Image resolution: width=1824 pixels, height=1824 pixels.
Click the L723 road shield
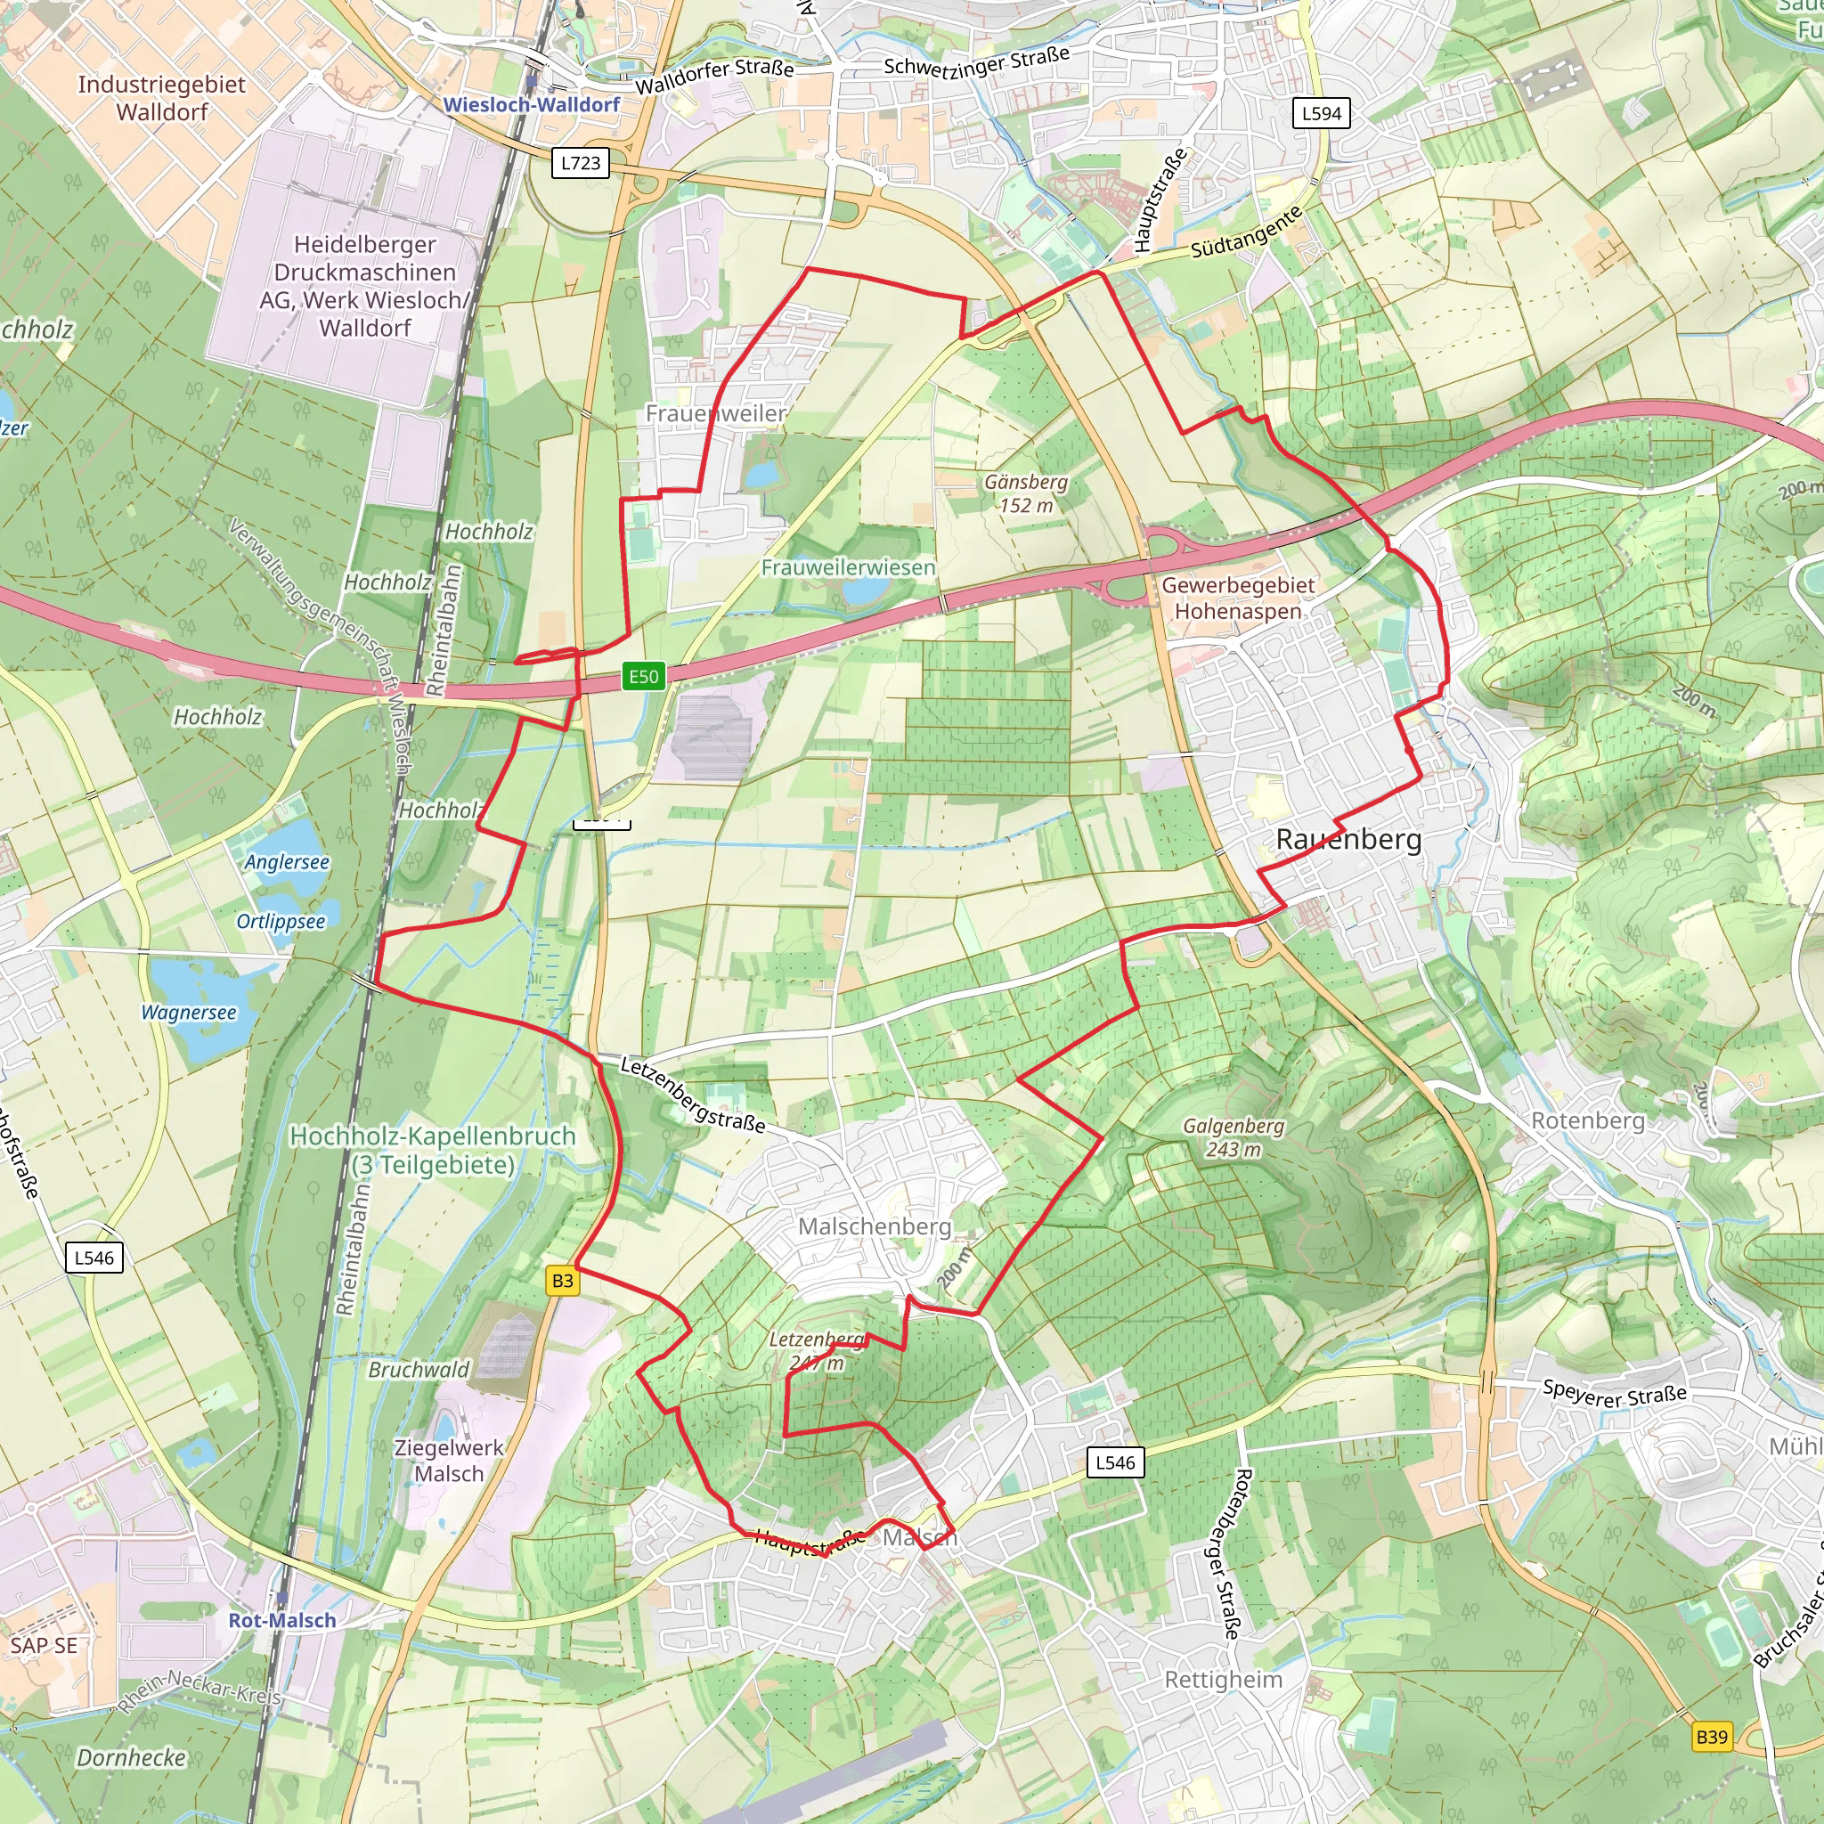pyautogui.click(x=581, y=162)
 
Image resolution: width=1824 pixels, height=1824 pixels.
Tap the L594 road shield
pyautogui.click(x=1321, y=113)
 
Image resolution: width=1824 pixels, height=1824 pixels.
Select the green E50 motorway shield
pyautogui.click(x=644, y=676)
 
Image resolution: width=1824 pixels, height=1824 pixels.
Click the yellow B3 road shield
pyautogui.click(x=563, y=1281)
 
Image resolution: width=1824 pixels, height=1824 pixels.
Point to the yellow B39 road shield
pyautogui.click(x=1712, y=1737)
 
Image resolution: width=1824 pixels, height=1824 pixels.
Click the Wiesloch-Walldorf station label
pyautogui.click(x=532, y=105)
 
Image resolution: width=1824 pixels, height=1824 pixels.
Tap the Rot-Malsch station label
pyautogui.click(x=282, y=1620)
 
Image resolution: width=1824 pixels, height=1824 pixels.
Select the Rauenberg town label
pyautogui.click(x=1348, y=839)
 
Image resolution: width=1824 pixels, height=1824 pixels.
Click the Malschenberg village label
pyautogui.click(x=875, y=1226)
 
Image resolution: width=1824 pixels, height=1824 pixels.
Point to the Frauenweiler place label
pyautogui.click(x=716, y=413)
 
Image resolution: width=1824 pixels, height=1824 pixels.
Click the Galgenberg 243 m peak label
pyautogui.click(x=1234, y=1137)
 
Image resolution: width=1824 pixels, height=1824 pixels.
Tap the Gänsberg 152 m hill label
pyautogui.click(x=1026, y=493)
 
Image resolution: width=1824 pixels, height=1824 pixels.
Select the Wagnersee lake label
pyautogui.click(x=189, y=1013)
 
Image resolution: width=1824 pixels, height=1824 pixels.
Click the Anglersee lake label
pyautogui.click(x=287, y=862)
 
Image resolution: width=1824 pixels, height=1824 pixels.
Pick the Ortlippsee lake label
pyautogui.click(x=281, y=922)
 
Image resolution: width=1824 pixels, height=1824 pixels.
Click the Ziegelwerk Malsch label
pyautogui.click(x=450, y=1461)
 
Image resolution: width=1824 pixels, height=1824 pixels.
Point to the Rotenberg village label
pyautogui.click(x=1588, y=1120)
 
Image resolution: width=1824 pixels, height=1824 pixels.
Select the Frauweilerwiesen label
pyautogui.click(x=849, y=567)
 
